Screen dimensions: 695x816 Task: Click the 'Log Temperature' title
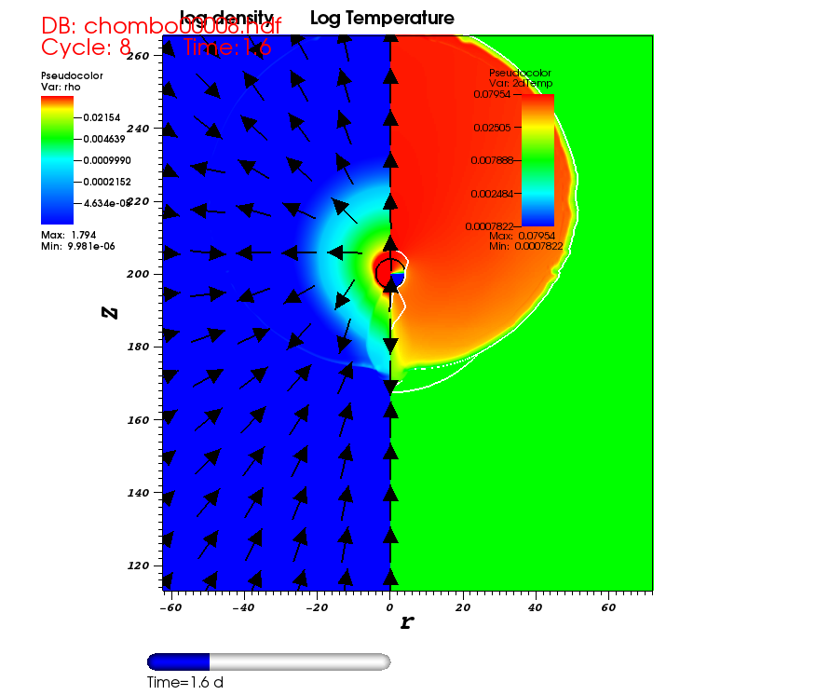coord(382,19)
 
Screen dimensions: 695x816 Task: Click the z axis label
coord(110,311)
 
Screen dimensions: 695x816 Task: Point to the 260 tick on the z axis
coord(138,56)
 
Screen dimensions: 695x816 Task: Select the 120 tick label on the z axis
coord(138,566)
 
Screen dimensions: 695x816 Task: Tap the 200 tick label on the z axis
coord(138,274)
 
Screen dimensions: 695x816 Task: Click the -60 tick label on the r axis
coord(170,607)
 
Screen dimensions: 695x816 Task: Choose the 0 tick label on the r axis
coord(390,607)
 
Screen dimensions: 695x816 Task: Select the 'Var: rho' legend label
coord(61,85)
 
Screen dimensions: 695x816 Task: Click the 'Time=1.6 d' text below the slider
coord(184,682)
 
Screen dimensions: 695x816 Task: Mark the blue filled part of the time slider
coord(179,661)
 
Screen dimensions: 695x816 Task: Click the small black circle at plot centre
coord(390,273)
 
